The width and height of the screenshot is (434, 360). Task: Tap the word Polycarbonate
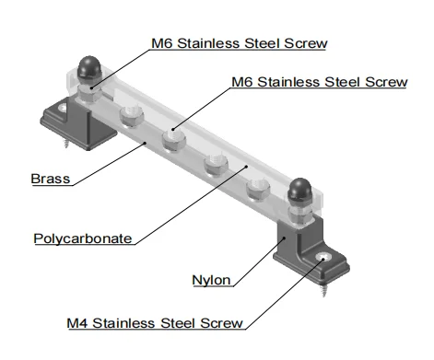pyautogui.click(x=82, y=238)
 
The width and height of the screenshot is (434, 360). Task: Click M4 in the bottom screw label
pyautogui.click(x=79, y=323)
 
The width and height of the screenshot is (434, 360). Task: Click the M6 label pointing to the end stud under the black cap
pyautogui.click(x=239, y=43)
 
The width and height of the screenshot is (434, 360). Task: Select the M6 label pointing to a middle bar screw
pyautogui.click(x=318, y=83)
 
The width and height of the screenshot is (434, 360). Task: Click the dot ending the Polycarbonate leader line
pyautogui.click(x=249, y=168)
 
